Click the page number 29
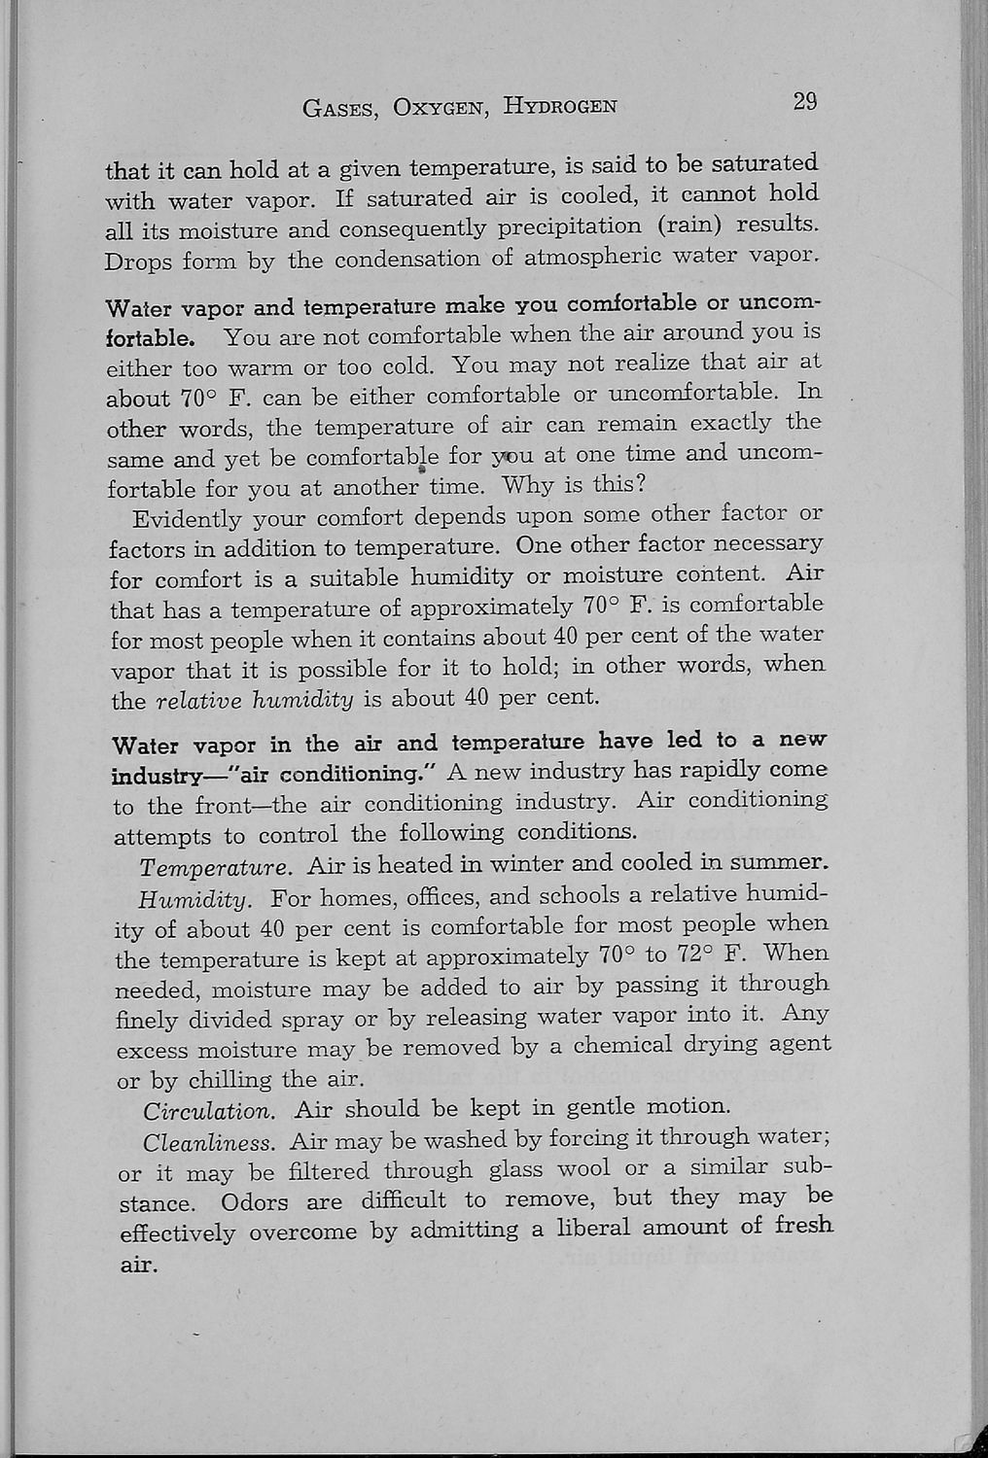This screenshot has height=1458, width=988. point(804,102)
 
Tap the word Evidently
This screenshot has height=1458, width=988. point(188,517)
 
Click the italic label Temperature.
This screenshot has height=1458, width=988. point(215,867)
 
